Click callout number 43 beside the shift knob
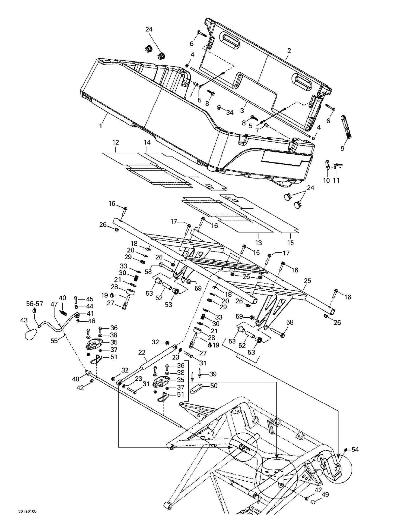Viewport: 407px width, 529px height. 24,320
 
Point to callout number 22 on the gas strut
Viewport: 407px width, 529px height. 142,352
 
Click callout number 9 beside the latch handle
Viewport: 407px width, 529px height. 342,148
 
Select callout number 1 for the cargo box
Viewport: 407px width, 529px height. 101,126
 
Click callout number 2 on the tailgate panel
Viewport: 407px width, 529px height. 289,51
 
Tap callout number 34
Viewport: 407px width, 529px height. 230,112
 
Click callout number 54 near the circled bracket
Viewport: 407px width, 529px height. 355,450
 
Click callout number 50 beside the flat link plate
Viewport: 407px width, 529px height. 214,386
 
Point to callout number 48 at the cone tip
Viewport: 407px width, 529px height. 76,379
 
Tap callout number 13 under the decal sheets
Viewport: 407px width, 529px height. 258,243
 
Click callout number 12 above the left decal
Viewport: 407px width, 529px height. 115,142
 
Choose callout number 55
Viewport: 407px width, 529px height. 54,341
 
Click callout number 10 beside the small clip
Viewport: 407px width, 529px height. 326,180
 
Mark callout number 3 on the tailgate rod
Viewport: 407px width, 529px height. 242,111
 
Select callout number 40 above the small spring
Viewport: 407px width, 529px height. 62,298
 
